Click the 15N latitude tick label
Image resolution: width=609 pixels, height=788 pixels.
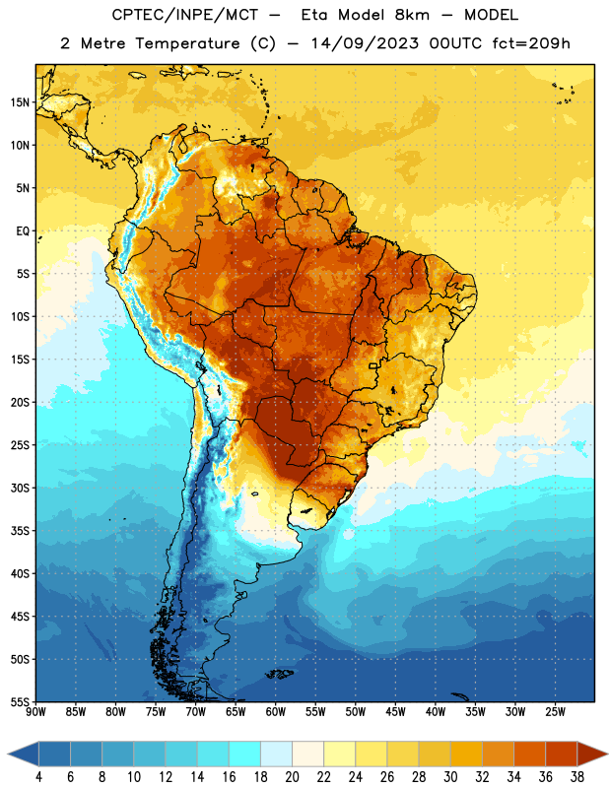pyautogui.click(x=20, y=102)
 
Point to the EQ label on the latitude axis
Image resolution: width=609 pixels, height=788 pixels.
pyautogui.click(x=23, y=231)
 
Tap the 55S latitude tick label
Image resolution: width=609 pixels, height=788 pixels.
pyautogui.click(x=20, y=701)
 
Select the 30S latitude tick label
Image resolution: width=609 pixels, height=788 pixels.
pyautogui.click(x=20, y=488)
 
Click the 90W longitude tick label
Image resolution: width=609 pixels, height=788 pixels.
pyautogui.click(x=35, y=711)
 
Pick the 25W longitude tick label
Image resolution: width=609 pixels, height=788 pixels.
pyautogui.click(x=555, y=711)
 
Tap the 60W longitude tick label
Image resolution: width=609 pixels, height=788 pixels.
pyautogui.click(x=276, y=711)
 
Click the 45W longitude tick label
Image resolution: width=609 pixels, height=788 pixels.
pyautogui.click(x=395, y=711)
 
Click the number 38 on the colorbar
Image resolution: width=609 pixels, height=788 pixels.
pyautogui.click(x=577, y=777)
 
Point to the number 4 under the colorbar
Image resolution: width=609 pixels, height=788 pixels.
pyautogui.click(x=38, y=777)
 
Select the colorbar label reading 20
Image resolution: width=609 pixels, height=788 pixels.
pyautogui.click(x=292, y=777)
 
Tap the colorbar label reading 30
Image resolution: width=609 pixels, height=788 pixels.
pyautogui.click(x=450, y=777)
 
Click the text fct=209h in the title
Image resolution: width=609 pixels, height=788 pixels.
pyautogui.click(x=531, y=43)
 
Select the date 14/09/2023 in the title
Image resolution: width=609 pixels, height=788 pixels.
pyautogui.click(x=365, y=43)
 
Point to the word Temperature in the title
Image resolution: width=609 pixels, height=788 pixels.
pyautogui.click(x=187, y=43)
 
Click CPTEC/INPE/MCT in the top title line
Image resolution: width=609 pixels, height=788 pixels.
pyautogui.click(x=185, y=15)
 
